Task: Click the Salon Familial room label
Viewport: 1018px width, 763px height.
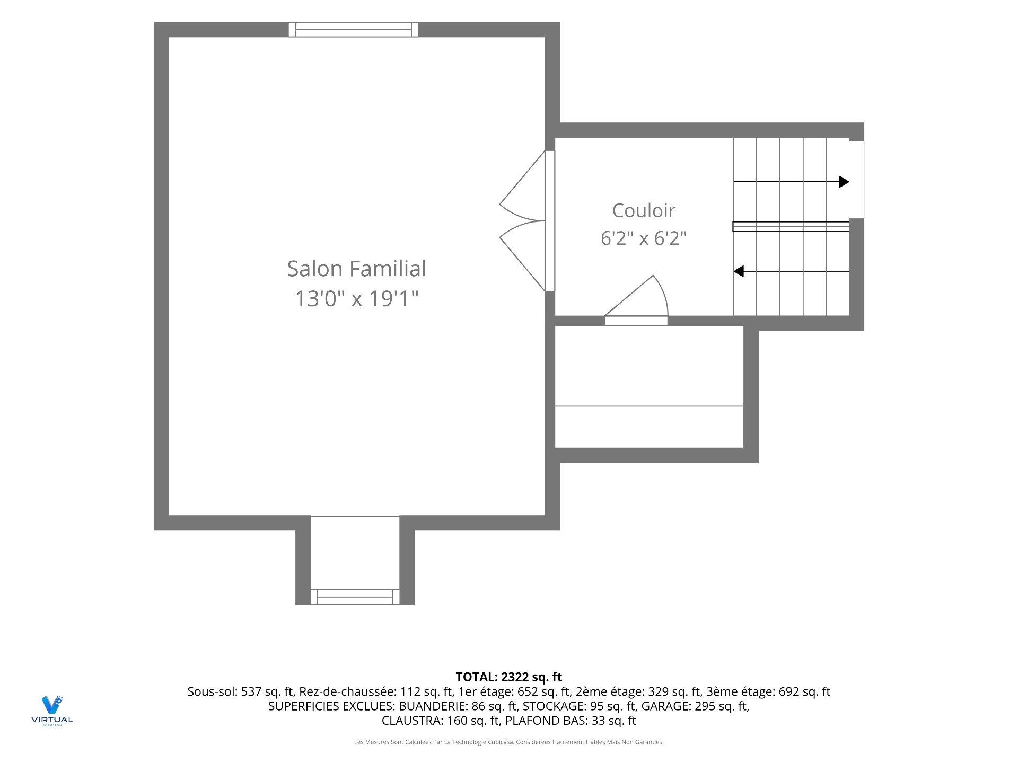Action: point(356,269)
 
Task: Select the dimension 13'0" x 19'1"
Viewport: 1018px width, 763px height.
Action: point(356,299)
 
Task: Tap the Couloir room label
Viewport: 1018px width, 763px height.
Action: point(644,210)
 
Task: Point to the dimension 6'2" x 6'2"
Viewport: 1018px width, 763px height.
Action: point(644,238)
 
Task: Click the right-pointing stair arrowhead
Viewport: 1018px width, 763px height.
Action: point(844,182)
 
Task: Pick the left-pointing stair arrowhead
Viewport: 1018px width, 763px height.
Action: point(738,271)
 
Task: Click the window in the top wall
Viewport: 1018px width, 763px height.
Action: point(354,30)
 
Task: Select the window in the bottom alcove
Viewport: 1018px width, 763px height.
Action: point(355,597)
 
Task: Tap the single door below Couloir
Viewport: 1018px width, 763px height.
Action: point(636,300)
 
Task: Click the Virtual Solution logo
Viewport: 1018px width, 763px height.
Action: point(52,711)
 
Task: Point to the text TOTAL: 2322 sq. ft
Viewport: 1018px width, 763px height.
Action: point(509,677)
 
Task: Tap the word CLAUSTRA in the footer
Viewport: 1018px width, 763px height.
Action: point(412,721)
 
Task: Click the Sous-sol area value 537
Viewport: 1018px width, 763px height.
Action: point(251,691)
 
